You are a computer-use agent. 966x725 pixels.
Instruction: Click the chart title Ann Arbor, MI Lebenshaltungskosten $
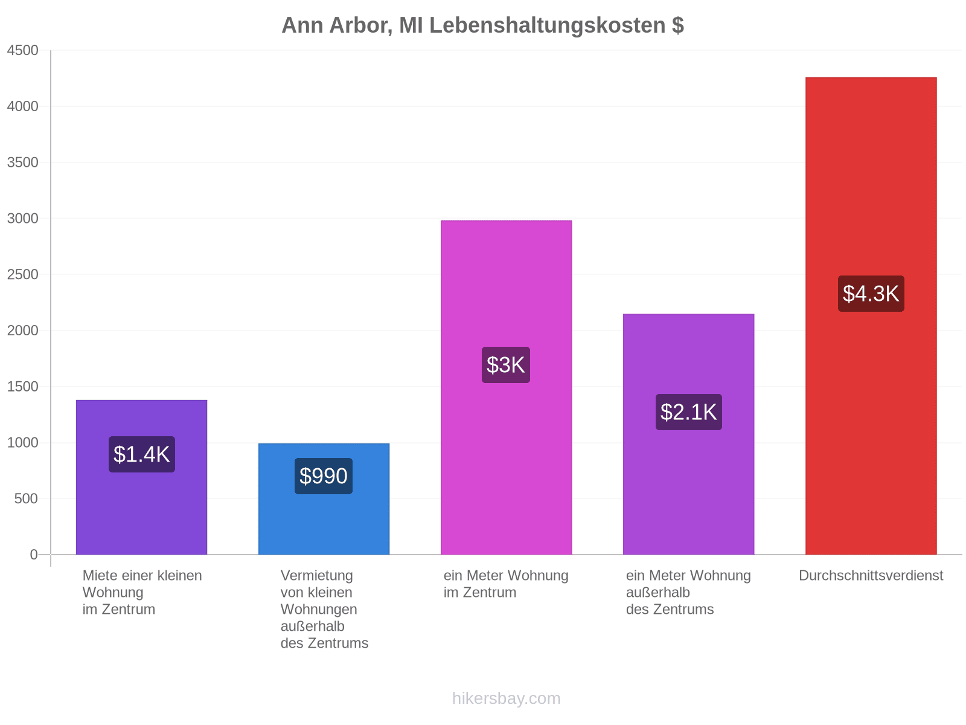[x=482, y=25]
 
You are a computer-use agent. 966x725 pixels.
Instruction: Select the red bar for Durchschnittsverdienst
[x=871, y=315]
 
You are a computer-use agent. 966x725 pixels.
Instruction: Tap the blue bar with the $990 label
[x=324, y=499]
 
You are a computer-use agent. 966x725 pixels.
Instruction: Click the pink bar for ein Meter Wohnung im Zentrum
[x=506, y=387]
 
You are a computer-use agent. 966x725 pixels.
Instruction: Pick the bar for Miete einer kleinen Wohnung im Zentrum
[x=141, y=477]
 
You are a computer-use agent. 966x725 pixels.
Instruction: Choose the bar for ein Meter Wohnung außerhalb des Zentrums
[x=688, y=434]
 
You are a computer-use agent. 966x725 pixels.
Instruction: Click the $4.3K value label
[x=871, y=294]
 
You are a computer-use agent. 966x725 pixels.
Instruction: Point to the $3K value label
[x=506, y=365]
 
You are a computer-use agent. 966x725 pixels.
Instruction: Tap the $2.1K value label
[x=688, y=412]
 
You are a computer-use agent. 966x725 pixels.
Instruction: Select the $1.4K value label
[x=142, y=454]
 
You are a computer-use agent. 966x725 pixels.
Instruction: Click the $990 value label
[x=324, y=476]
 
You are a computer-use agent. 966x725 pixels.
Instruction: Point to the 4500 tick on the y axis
[x=22, y=50]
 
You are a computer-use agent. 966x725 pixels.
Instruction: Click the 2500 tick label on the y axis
[x=22, y=274]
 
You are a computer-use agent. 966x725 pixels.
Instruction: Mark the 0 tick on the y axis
[x=34, y=554]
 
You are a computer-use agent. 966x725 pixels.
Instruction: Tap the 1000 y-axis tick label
[x=22, y=442]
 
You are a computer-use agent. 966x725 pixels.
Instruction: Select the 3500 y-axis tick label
[x=22, y=163]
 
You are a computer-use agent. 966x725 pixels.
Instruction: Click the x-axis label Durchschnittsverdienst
[x=871, y=575]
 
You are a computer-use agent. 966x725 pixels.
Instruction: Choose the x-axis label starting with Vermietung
[x=324, y=609]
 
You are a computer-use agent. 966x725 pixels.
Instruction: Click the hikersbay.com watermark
[x=506, y=698]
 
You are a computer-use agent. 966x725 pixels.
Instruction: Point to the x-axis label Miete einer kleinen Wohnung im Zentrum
[x=142, y=592]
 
